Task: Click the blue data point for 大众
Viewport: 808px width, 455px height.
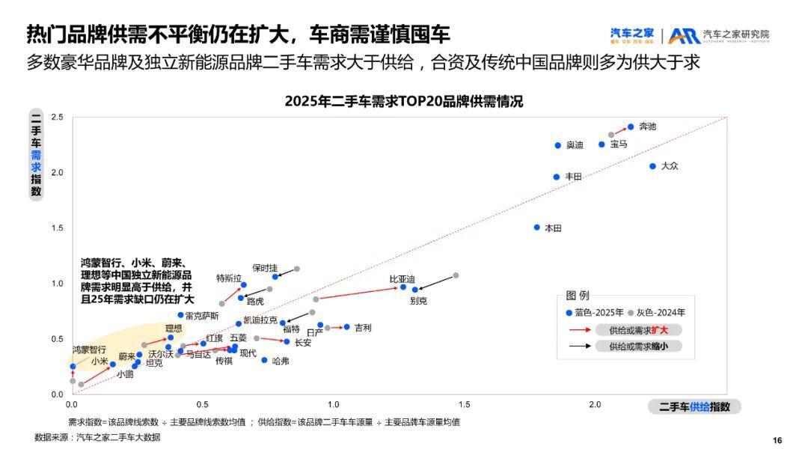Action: coord(652,166)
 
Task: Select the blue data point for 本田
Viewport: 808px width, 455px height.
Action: coord(536,227)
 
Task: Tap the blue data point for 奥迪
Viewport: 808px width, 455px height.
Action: coord(558,145)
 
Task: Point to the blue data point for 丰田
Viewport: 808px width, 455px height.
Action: coord(557,177)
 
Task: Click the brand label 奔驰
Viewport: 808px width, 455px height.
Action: coord(648,126)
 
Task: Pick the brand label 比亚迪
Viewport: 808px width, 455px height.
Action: coord(402,279)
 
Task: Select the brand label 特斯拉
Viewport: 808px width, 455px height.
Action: coord(229,278)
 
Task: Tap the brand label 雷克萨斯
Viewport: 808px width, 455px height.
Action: coord(202,316)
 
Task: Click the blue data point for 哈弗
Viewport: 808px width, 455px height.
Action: coord(264,360)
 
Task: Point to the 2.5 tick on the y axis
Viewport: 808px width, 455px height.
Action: coord(57,117)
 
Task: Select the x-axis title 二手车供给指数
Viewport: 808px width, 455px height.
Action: coord(694,406)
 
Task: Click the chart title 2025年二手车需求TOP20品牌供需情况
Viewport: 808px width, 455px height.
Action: coord(404,102)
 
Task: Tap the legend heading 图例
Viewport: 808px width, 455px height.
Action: coord(578,296)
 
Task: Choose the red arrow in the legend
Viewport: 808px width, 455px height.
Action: coord(579,329)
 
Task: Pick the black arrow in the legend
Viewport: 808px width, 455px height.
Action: coord(579,346)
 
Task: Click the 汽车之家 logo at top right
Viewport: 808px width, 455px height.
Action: coord(632,34)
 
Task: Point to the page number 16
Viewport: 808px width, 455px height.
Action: coord(777,440)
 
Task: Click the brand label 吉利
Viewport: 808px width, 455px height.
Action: coord(363,328)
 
